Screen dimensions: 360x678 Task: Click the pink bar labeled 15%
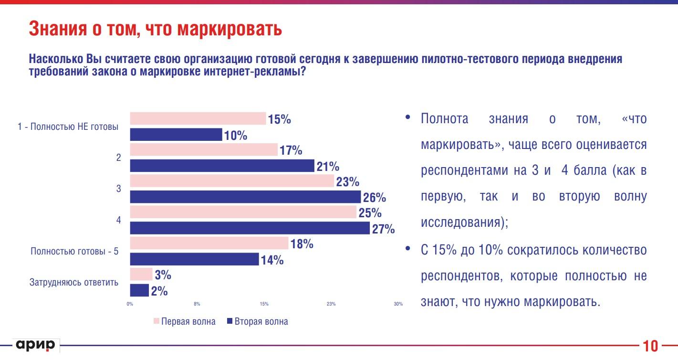(198, 118)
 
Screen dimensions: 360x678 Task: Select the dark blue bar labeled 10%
(176, 135)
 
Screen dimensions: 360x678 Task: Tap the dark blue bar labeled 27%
(250, 228)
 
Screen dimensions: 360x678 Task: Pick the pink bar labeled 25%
(243, 212)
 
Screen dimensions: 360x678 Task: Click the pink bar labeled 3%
(141, 274)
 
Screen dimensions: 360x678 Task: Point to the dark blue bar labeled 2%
(139, 290)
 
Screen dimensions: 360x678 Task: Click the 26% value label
(374, 198)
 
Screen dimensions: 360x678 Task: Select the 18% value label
(302, 244)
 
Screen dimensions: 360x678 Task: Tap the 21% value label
(327, 167)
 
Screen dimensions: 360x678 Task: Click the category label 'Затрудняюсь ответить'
(74, 282)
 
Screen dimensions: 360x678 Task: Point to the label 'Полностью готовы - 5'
(74, 251)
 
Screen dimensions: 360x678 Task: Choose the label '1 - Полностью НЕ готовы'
(68, 127)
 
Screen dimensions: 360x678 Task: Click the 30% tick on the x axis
(398, 304)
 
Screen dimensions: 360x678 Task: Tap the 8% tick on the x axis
(197, 304)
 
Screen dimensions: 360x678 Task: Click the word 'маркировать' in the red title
(229, 29)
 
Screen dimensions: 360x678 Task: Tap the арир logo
(36, 344)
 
